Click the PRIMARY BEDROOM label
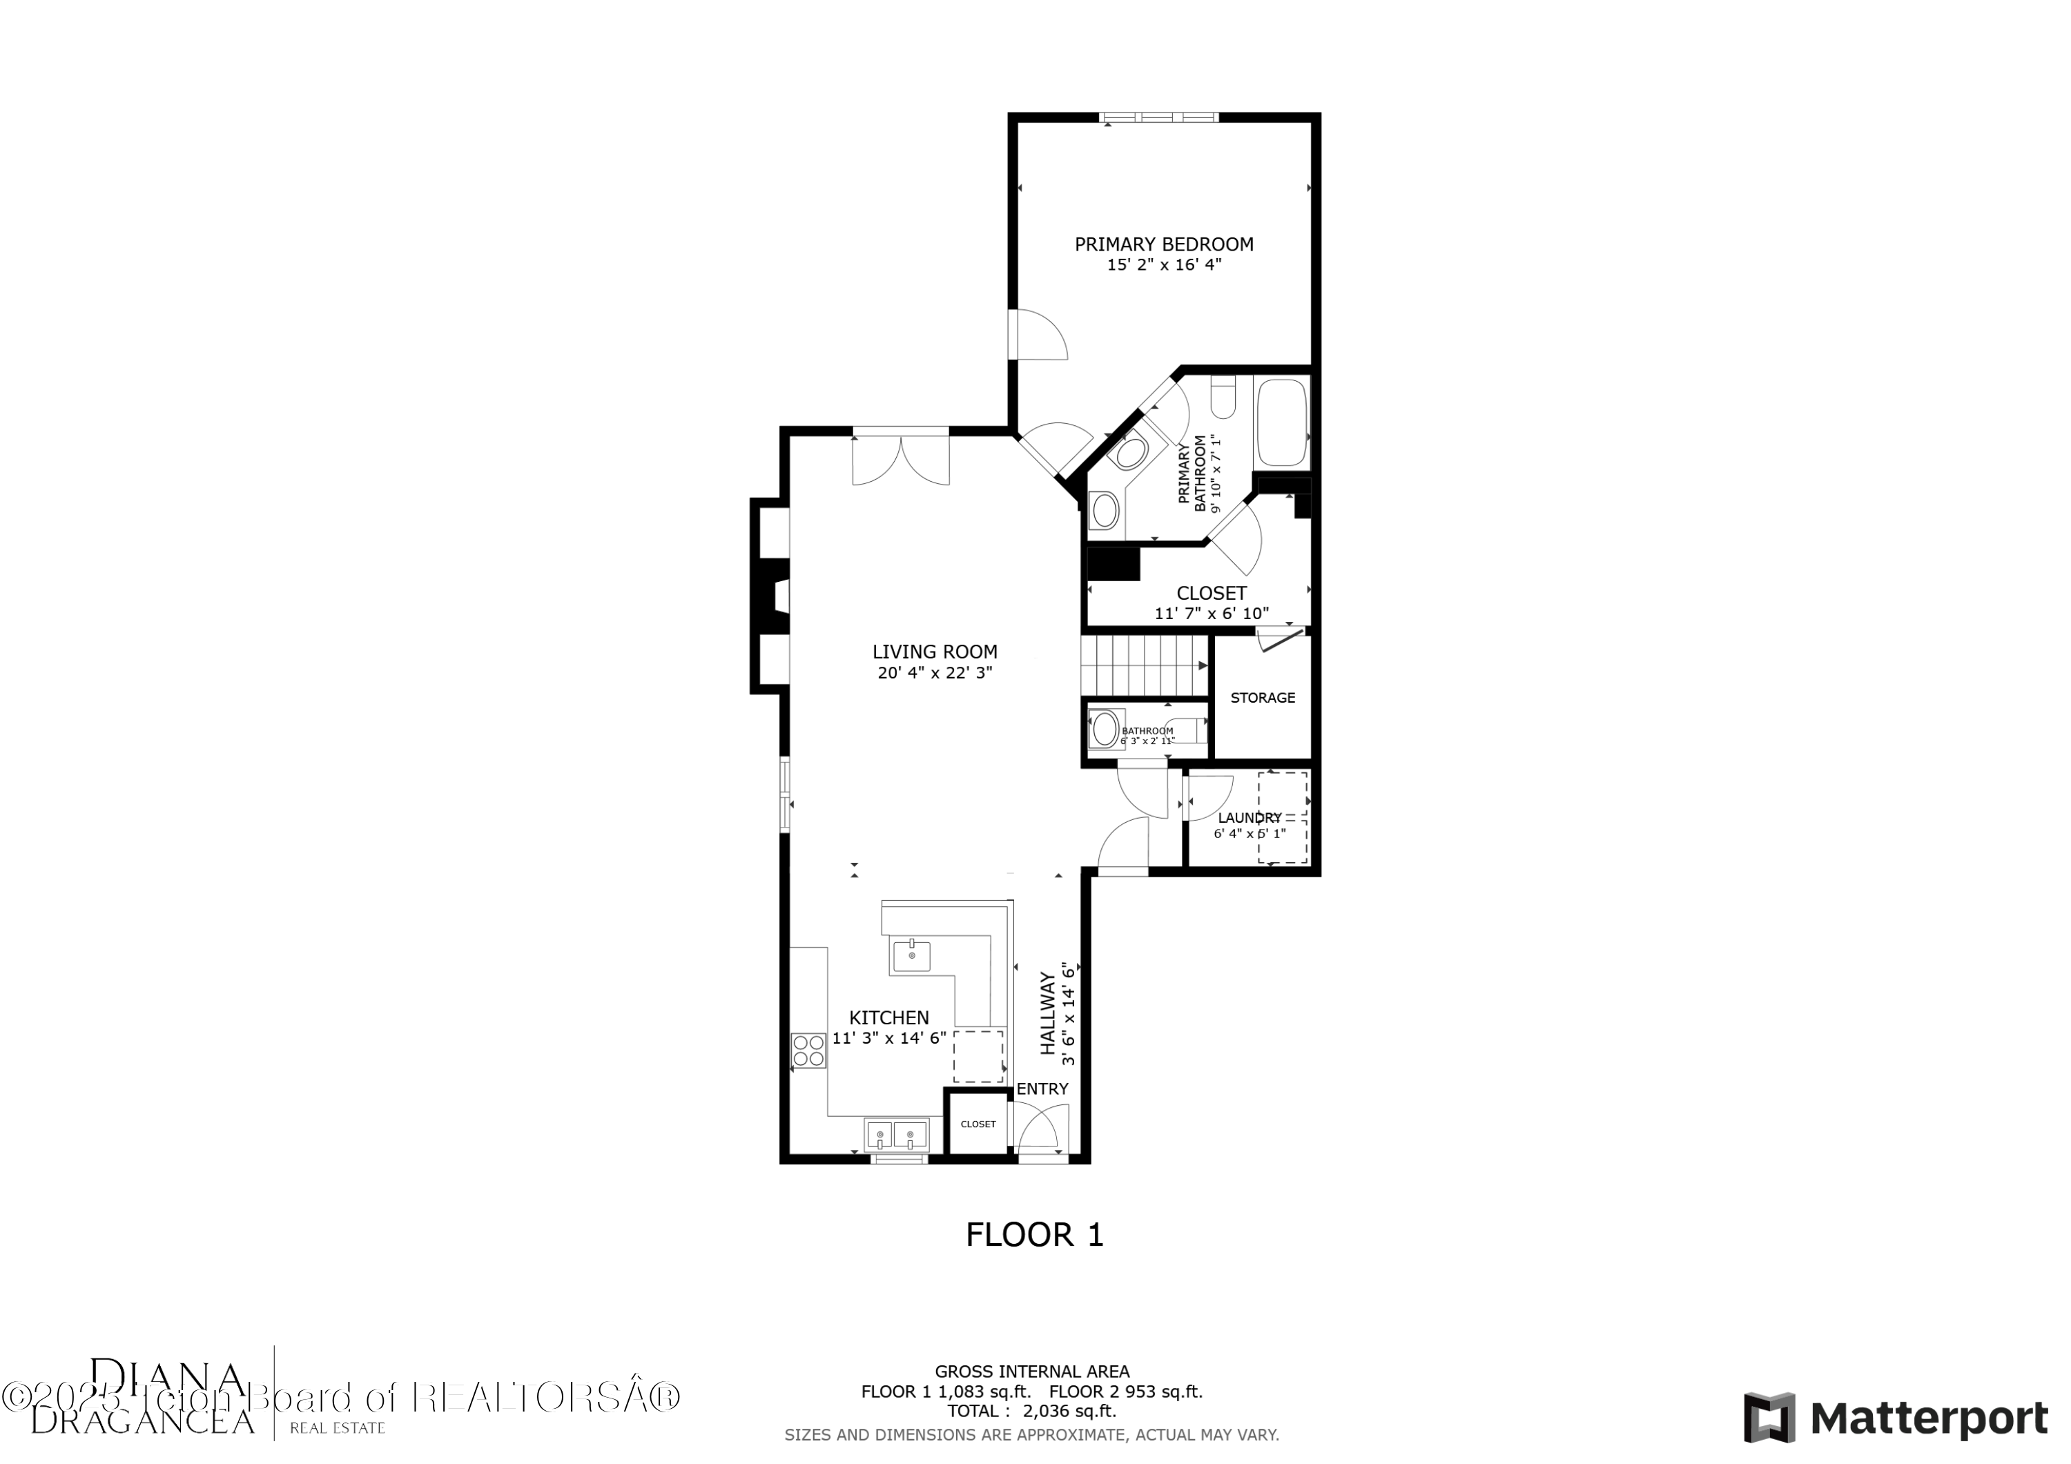point(1164,244)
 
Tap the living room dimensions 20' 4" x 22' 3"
point(935,673)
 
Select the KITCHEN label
point(888,1017)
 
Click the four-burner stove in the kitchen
point(808,1051)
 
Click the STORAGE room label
point(1262,698)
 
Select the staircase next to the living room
point(1144,665)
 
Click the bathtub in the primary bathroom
point(1281,422)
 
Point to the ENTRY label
point(1042,1089)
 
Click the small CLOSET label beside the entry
point(978,1124)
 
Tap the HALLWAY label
point(1048,1013)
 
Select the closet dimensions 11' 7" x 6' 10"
point(1212,614)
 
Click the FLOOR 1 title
point(1035,1235)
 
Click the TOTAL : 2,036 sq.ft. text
point(1031,1411)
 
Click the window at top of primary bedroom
point(1158,117)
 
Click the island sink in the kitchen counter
point(911,956)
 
